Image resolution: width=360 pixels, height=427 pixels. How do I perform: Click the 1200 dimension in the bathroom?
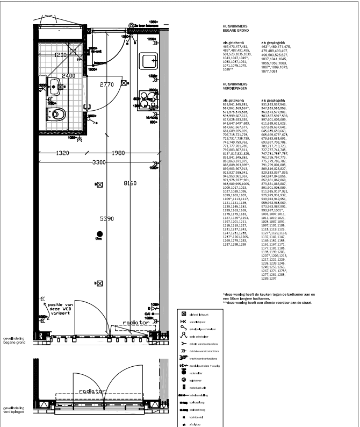(60, 55)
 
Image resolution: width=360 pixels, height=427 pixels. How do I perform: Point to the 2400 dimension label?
(68, 76)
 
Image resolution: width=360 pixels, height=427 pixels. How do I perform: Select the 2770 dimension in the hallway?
(107, 85)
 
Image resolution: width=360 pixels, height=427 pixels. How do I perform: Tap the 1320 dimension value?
(63, 153)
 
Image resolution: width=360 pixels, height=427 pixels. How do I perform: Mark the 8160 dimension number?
(131, 183)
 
